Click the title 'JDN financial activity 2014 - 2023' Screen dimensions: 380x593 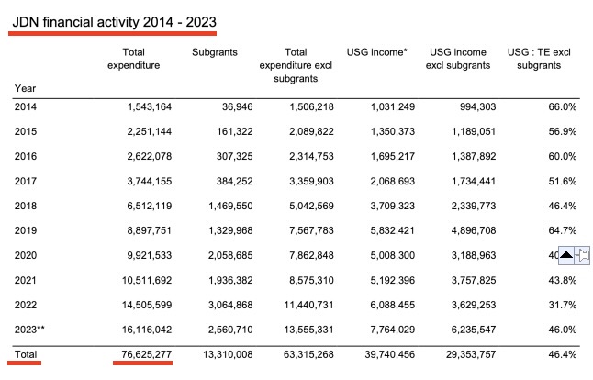pyautogui.click(x=114, y=18)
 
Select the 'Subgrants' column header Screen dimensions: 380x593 pyautogui.click(x=214, y=52)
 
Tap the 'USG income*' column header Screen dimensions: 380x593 pyautogui.click(x=375, y=52)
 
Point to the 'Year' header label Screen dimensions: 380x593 pyautogui.click(x=25, y=87)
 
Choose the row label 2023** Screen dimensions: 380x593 pyautogui.click(x=30, y=329)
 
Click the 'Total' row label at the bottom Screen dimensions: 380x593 pyautogui.click(x=27, y=353)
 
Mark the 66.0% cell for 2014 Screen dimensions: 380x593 pyautogui.click(x=561, y=106)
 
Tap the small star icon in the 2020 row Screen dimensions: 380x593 pyautogui.click(x=584, y=255)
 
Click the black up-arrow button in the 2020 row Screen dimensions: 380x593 pyautogui.click(x=566, y=255)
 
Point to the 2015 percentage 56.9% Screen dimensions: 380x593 pyautogui.click(x=561, y=131)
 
